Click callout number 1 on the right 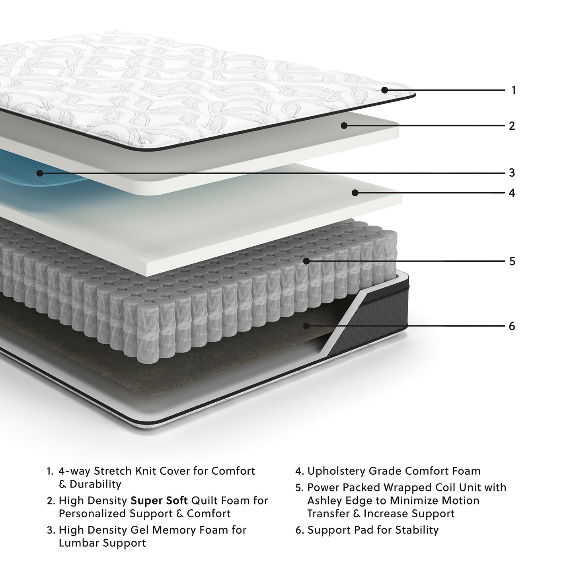point(513,90)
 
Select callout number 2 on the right point(512,126)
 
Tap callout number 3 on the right point(512,173)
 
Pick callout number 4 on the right point(512,193)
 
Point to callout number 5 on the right point(512,261)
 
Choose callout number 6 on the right point(512,326)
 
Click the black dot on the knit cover point(384,90)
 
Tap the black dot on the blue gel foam point(39,173)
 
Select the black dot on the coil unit point(306,261)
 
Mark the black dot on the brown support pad point(306,326)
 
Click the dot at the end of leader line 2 point(344,126)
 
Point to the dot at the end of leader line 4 point(355,193)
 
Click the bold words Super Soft point(159,501)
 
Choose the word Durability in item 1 point(95,484)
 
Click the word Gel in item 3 point(139,530)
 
